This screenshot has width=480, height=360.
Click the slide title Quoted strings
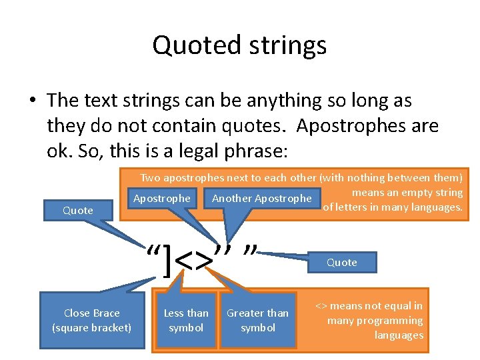239,45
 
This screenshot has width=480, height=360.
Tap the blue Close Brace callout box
92,320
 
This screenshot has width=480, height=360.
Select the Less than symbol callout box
186,320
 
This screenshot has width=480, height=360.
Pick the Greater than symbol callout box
258,320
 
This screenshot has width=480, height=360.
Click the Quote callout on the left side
78,211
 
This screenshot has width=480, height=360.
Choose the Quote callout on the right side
342,262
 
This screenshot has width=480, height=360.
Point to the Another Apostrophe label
261,198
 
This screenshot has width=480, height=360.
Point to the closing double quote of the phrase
251,251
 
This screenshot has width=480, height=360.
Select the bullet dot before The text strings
32,101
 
